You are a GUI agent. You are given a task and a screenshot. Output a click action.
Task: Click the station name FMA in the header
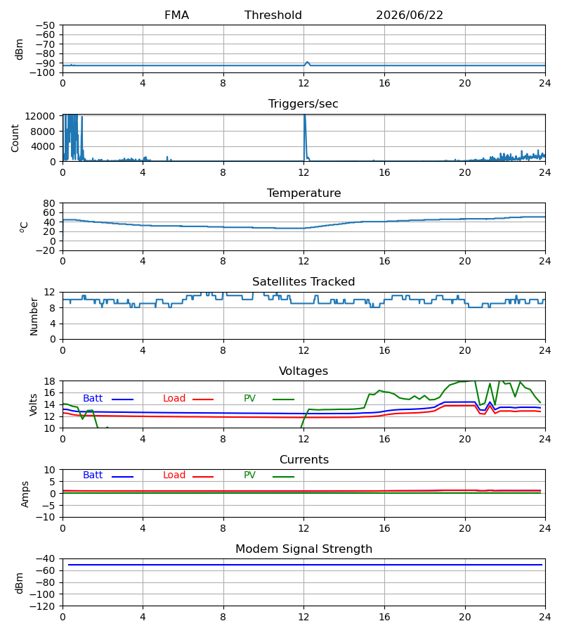(x=176, y=15)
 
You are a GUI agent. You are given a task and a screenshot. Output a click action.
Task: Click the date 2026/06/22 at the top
(x=409, y=15)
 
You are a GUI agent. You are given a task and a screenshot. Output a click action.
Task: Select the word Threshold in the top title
(x=273, y=15)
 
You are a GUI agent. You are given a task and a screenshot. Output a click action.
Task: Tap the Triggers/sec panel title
(x=303, y=104)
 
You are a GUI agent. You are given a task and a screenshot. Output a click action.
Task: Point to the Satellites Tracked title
(x=303, y=282)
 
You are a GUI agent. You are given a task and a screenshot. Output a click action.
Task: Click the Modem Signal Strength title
(x=303, y=549)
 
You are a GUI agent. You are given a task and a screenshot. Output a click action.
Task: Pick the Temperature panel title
(x=303, y=193)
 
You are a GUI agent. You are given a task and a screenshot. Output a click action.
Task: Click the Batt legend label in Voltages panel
(x=93, y=399)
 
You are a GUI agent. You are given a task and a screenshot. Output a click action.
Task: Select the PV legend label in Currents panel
(x=249, y=475)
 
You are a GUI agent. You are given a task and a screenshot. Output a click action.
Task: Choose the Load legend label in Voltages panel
(x=174, y=399)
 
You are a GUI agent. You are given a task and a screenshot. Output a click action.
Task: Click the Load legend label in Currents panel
(x=174, y=475)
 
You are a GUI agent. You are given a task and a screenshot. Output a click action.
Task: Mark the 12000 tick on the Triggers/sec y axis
(x=40, y=116)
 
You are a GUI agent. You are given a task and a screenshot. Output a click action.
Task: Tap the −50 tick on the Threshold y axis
(x=45, y=25)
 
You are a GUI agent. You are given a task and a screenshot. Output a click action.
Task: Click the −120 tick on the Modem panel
(x=42, y=606)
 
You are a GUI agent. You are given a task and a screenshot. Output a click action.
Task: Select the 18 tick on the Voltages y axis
(x=50, y=381)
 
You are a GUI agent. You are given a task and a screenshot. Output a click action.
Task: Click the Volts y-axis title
(x=34, y=404)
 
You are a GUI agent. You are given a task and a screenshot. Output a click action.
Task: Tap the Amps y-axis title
(x=25, y=494)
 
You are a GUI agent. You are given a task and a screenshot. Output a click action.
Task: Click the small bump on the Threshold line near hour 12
(x=307, y=63)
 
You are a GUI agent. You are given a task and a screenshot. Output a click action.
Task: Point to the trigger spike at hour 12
(x=305, y=133)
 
